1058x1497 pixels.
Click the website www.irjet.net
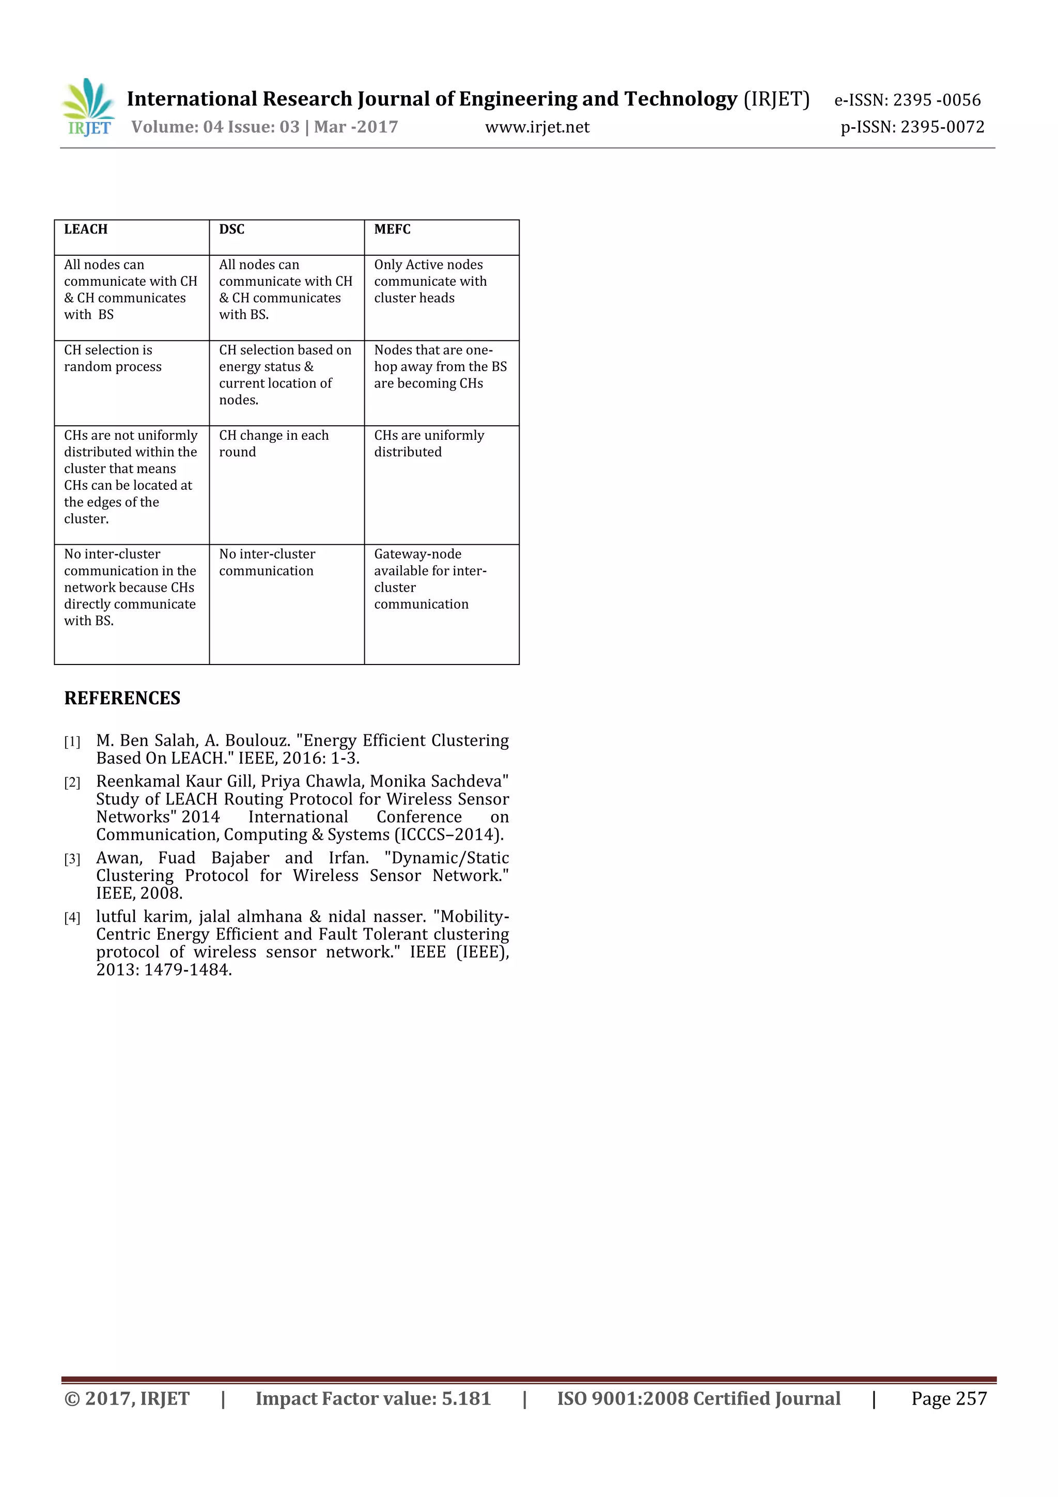537,127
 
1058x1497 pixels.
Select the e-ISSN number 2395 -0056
937,100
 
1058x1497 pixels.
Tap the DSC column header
232,229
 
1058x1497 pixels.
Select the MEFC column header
393,229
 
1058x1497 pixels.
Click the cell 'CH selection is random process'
113,359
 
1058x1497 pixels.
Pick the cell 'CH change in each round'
274,443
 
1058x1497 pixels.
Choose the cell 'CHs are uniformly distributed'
429,443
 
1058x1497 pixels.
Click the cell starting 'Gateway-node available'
430,579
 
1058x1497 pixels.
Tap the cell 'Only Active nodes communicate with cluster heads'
430,281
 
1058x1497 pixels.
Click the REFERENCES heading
122,698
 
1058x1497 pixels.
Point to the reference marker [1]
72,742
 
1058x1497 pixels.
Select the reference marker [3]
72,859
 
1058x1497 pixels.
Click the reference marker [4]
72,918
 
